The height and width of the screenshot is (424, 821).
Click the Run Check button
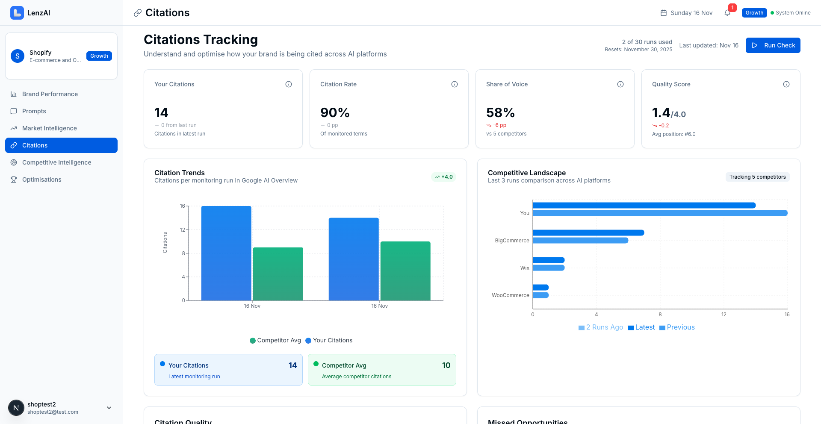coord(773,45)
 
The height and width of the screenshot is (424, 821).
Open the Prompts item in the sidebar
coord(34,111)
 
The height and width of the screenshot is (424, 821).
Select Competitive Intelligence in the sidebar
coord(56,162)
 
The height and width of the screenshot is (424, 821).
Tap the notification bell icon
coord(727,13)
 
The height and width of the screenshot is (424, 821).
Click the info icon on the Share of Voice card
coord(620,84)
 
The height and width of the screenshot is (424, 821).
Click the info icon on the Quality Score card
coord(786,84)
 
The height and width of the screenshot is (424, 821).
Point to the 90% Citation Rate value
coord(335,112)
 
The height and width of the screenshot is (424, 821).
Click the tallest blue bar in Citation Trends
coord(226,253)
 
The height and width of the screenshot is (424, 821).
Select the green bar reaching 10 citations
coord(405,271)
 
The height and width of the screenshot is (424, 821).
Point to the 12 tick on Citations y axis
coord(183,230)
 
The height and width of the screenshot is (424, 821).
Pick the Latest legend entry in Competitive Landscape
coord(641,327)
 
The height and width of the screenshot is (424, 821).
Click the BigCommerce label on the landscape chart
coord(512,241)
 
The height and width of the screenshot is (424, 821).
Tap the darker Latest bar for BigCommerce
coord(588,233)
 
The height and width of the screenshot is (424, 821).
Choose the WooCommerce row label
coord(510,295)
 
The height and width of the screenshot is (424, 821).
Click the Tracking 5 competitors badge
coord(757,177)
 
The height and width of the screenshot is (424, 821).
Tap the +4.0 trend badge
coord(443,177)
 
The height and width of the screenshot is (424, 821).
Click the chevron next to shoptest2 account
coord(109,408)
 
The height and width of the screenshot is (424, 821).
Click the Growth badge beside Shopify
coord(99,56)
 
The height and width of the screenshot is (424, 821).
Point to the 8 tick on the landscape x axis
coord(660,315)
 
